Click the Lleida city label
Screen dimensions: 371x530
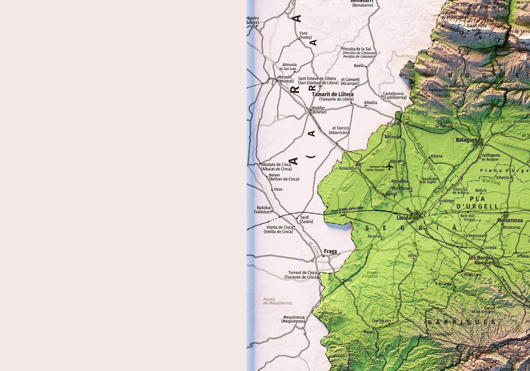tap(404, 218)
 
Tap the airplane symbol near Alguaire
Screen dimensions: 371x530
tap(389, 166)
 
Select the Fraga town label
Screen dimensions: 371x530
tap(330, 251)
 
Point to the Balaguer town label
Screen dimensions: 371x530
tap(466, 140)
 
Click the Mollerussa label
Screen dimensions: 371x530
tap(510, 220)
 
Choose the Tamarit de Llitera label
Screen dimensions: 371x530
tap(333, 95)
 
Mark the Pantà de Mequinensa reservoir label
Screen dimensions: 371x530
tap(278, 301)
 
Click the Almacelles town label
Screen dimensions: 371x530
tap(348, 168)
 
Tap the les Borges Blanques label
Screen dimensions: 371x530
tap(481, 260)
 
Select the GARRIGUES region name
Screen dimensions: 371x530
tap(461, 322)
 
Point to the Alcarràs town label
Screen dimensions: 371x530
tap(374, 236)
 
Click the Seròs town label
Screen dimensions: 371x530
tap(347, 280)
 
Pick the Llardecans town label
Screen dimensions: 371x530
tap(381, 321)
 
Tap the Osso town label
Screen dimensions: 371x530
tap(278, 190)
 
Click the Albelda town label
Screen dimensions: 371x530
tap(370, 103)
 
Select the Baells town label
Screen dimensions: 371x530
tap(359, 66)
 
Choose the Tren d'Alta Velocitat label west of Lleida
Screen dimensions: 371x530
tap(347, 209)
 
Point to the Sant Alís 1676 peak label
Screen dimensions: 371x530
tap(476, 27)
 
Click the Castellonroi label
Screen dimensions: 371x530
tap(395, 96)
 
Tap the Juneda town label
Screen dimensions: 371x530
tap(490, 247)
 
